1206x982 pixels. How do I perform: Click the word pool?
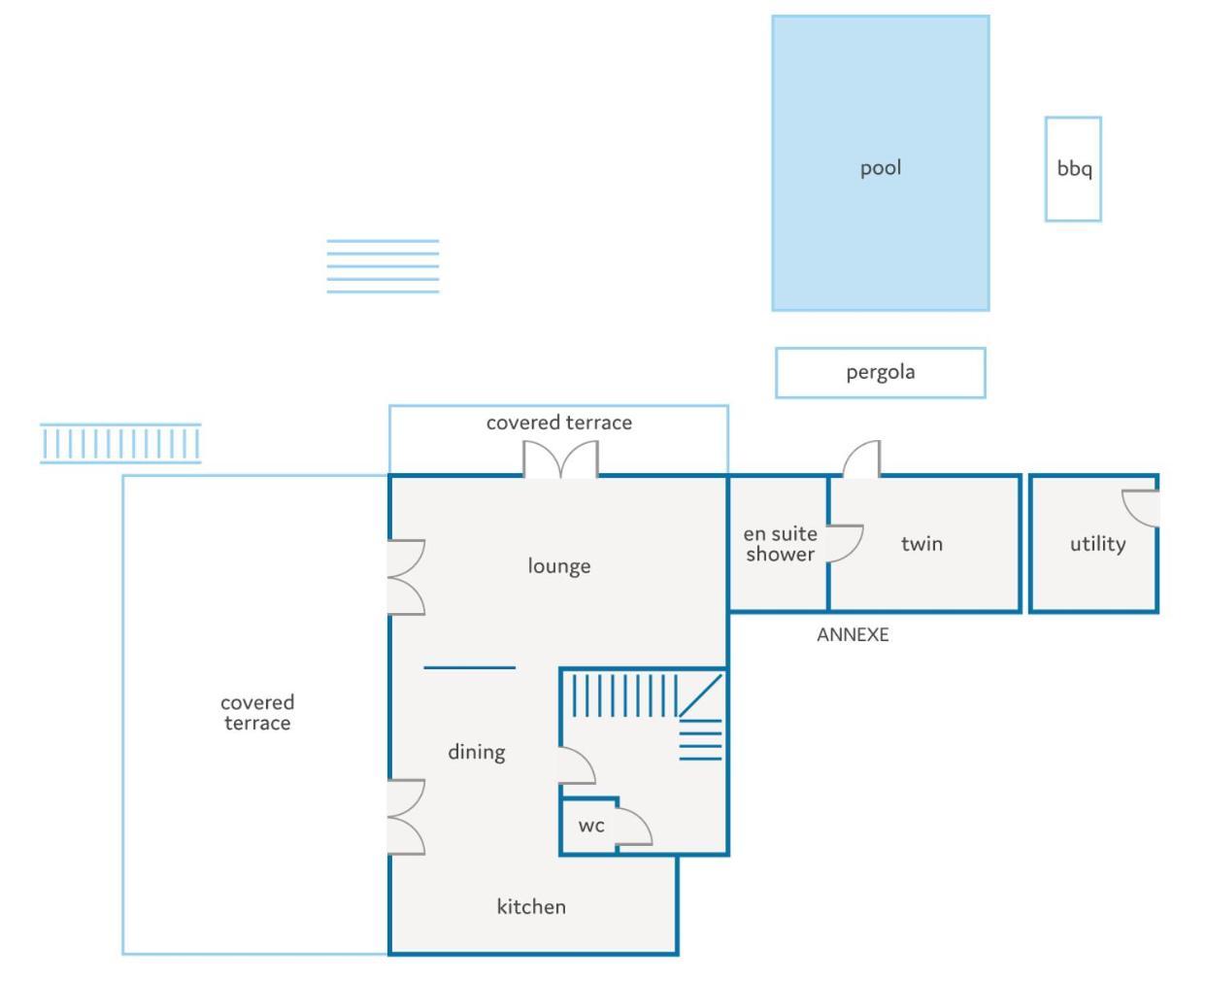tap(881, 168)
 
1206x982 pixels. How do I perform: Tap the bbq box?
tap(1073, 169)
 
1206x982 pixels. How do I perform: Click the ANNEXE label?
tap(853, 635)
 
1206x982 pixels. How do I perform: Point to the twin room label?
tap(921, 544)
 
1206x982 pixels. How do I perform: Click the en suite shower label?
tap(781, 544)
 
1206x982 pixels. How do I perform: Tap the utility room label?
tap(1098, 544)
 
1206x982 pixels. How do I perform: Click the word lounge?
tap(559, 565)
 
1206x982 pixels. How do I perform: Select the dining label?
tap(476, 752)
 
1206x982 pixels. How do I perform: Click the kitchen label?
tap(531, 906)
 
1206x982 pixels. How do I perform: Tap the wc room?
tap(588, 826)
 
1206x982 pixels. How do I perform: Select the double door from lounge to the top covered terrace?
tap(560, 459)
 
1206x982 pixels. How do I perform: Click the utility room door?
tap(1140, 508)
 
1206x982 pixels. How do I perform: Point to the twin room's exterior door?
tap(861, 458)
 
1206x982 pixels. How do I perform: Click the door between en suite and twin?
tap(845, 544)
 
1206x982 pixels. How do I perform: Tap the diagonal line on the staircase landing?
tap(700, 696)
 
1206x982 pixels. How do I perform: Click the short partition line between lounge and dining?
tap(469, 667)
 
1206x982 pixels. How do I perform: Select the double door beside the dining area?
tap(406, 817)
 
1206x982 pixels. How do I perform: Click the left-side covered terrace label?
tap(257, 713)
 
